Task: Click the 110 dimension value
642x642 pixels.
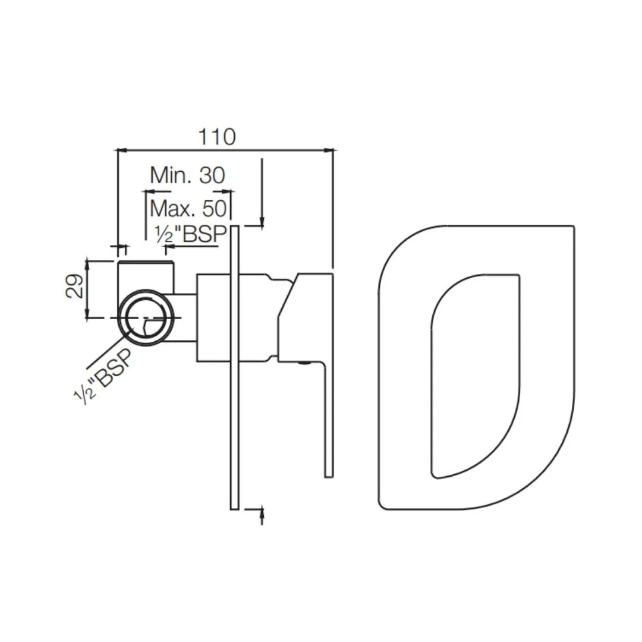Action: pyautogui.click(x=216, y=137)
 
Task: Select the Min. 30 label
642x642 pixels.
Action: pyautogui.click(x=187, y=175)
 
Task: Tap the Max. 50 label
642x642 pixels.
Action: pyautogui.click(x=188, y=209)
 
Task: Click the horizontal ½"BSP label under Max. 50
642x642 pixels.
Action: pyautogui.click(x=190, y=235)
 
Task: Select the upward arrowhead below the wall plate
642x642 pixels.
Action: pyautogui.click(x=262, y=513)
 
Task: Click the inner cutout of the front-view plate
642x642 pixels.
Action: pyautogui.click(x=476, y=374)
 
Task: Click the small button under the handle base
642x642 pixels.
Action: pyautogui.click(x=304, y=363)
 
